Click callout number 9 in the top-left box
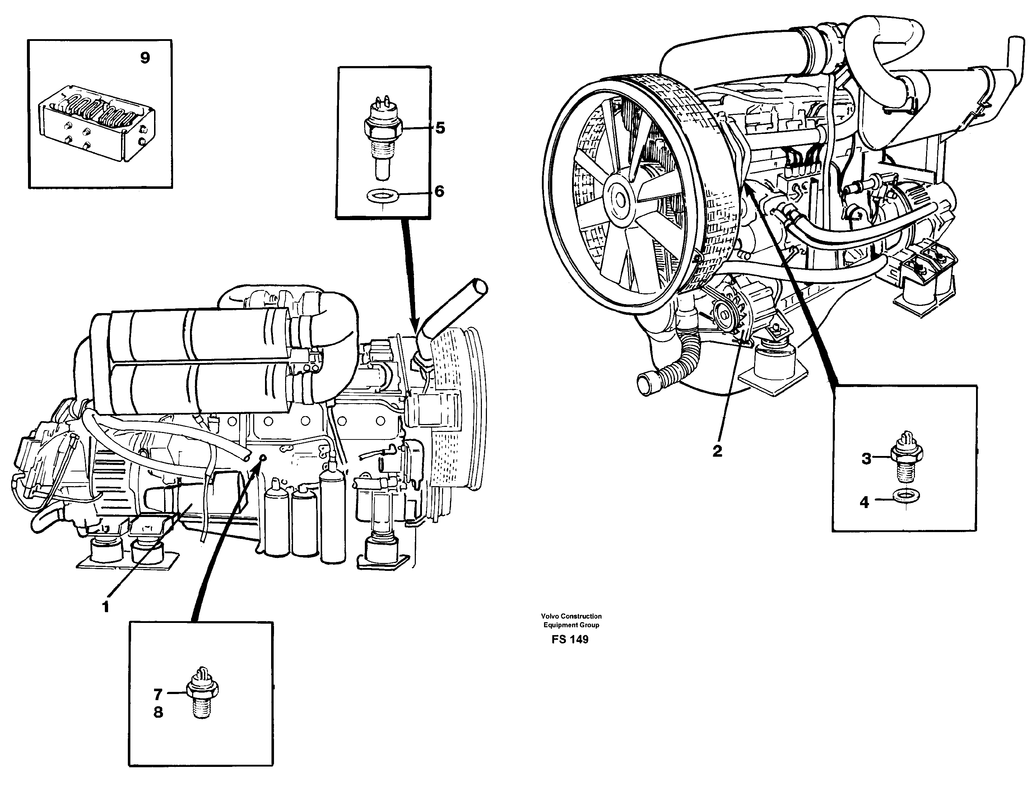click(x=145, y=58)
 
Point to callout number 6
click(x=439, y=192)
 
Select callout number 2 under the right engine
click(x=717, y=451)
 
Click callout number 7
click(x=158, y=695)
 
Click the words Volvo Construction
click(x=571, y=616)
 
